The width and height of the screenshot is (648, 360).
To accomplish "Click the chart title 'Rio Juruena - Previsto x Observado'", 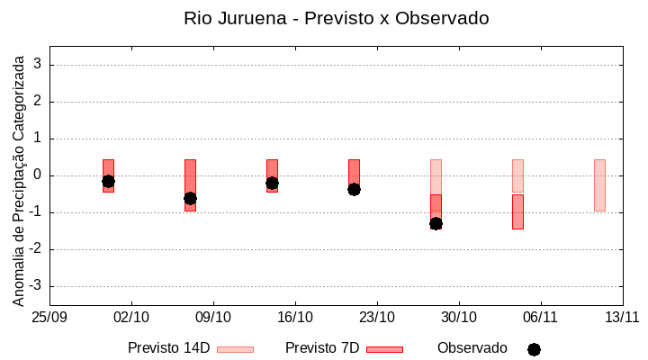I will tap(337, 18).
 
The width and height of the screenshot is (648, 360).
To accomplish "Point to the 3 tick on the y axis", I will tap(39, 65).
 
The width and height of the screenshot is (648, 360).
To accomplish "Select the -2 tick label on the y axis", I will tap(36, 249).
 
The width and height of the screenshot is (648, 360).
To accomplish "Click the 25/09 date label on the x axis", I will tap(49, 317).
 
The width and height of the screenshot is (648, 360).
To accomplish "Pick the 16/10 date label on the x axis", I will tap(295, 317).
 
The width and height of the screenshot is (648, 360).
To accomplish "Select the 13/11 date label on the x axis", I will tap(622, 317).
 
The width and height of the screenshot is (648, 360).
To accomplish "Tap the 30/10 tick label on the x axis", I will tap(459, 317).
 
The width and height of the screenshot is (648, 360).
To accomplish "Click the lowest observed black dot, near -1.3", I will tap(436, 223).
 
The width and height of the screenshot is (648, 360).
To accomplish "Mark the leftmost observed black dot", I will tap(108, 181).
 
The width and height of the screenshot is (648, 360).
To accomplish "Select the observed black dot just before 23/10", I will tap(354, 189).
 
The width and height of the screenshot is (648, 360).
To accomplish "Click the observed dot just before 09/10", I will tap(190, 198).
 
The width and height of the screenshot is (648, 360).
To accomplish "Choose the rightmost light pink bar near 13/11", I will tap(599, 184).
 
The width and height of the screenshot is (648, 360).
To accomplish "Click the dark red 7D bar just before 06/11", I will tap(517, 211).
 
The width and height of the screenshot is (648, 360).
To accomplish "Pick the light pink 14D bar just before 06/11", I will tap(517, 175).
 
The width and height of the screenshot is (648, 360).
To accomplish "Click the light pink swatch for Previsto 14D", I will tap(235, 349).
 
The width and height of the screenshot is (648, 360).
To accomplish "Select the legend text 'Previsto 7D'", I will tap(322, 348).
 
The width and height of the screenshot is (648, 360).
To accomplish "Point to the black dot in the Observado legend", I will tap(534, 349).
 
